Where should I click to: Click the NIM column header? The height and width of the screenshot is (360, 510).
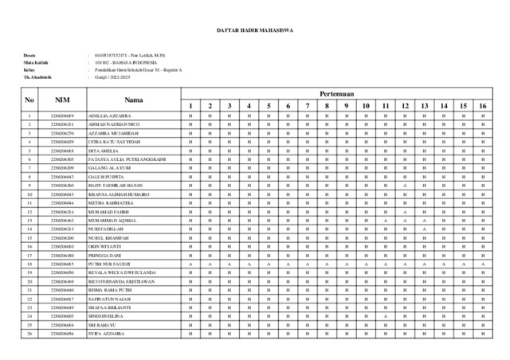click(62, 100)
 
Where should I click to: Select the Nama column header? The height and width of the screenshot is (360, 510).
click(133, 100)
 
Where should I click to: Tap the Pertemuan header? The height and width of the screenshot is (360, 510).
click(335, 94)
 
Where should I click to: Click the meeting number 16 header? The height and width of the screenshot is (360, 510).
click(482, 106)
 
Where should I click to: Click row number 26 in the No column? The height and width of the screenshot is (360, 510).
click(29, 334)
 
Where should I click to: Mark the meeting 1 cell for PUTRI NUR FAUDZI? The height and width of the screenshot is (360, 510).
click(190, 264)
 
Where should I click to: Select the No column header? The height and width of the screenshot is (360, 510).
click(29, 100)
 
